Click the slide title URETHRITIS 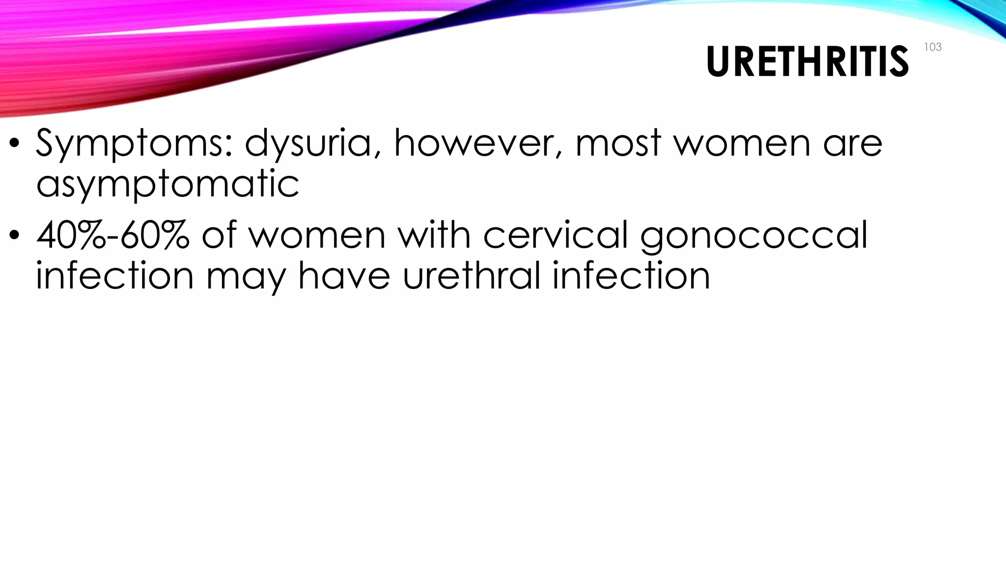[807, 62]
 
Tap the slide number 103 [932, 47]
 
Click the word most [618, 143]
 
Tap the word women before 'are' [742, 143]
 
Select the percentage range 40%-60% [113, 235]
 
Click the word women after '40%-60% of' [317, 235]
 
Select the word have [344, 275]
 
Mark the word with [434, 235]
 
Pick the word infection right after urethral [631, 275]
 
